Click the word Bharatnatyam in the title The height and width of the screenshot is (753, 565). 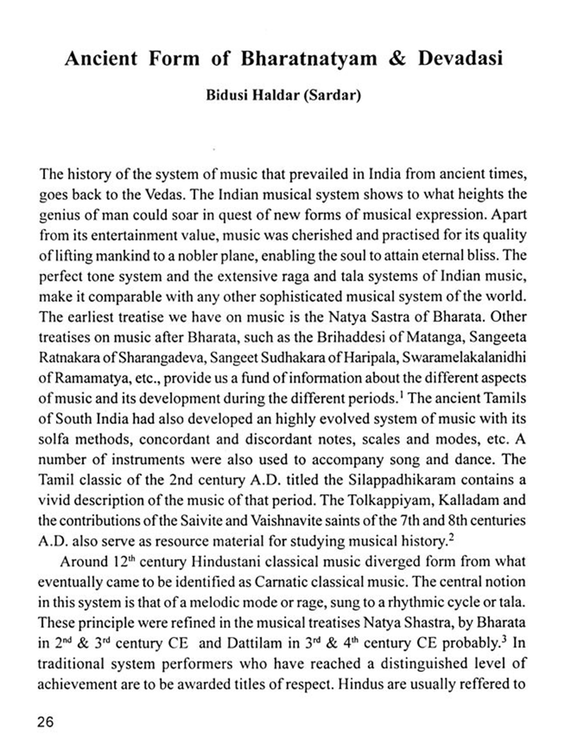[308, 59]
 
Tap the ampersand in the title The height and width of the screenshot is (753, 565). [397, 59]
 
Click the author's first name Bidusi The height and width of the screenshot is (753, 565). [226, 95]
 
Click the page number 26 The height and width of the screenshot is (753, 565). [46, 722]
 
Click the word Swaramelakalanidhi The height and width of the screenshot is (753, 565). [464, 357]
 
